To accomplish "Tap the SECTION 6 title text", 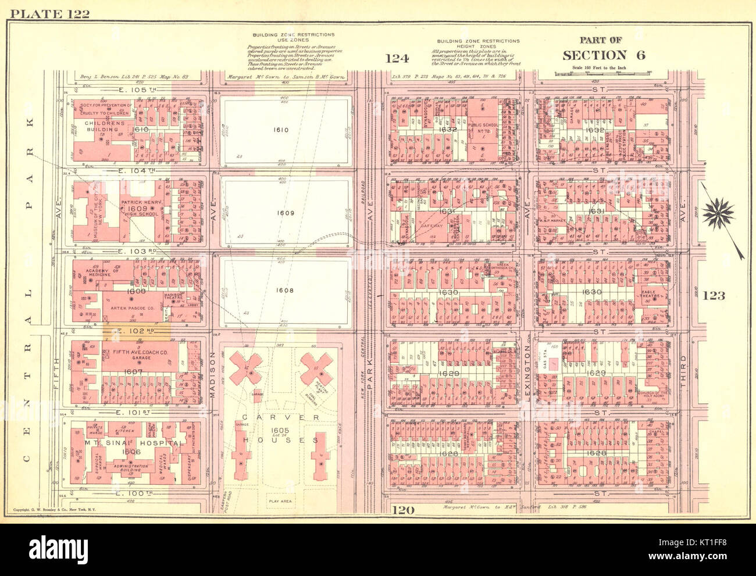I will tap(603, 56).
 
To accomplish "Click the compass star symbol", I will tap(718, 213).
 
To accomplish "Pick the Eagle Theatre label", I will tap(652, 294).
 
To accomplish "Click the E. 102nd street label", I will tap(137, 331).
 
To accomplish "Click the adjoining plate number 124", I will tap(397, 58).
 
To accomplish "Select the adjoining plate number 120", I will tap(402, 510).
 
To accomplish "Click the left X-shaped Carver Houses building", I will tap(245, 369).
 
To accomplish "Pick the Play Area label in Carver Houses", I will tap(280, 500).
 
